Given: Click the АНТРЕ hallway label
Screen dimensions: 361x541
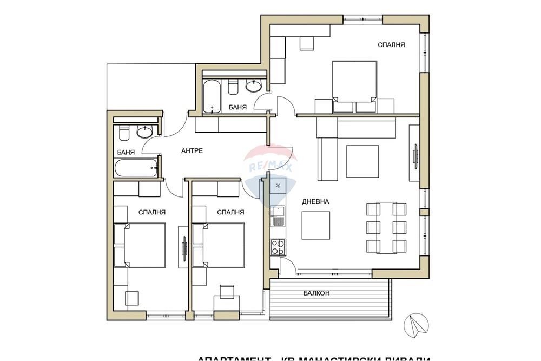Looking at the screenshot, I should [192, 150].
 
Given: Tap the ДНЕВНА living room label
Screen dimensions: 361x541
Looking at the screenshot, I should [316, 201].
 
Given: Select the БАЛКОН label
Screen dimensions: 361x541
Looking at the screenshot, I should [316, 293].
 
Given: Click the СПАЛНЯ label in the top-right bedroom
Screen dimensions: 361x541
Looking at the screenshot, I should [391, 45].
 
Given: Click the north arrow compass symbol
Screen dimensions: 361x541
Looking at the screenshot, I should [416, 325].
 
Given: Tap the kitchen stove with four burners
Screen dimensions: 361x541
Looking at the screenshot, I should [278, 247].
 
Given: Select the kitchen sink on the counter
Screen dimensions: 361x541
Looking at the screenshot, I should [278, 216].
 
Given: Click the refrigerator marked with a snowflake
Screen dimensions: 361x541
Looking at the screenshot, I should [278, 186].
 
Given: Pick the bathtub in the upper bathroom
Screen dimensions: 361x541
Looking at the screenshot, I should [212, 96].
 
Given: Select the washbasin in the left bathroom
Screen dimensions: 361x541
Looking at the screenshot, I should [144, 131].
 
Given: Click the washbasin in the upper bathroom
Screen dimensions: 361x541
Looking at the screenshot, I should [253, 85].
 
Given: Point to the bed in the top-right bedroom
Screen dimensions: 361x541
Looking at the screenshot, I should [354, 81].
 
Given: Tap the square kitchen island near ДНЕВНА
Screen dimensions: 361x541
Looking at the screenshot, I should [316, 225].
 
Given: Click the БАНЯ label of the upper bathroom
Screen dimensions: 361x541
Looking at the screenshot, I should [237, 107].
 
